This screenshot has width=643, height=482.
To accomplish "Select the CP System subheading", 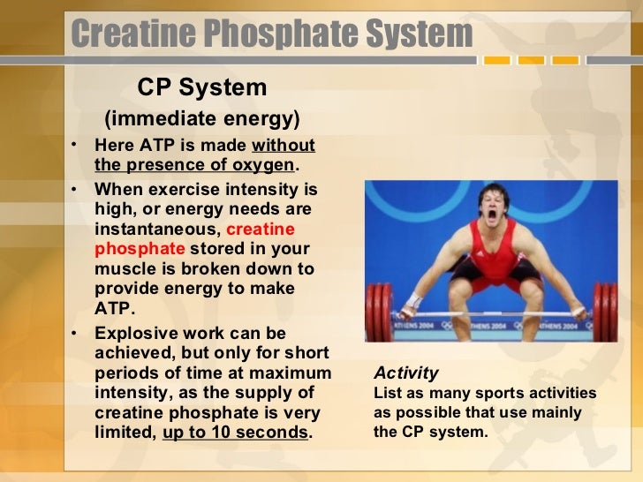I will (x=201, y=87).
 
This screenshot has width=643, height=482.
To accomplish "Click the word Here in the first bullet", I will (x=112, y=146).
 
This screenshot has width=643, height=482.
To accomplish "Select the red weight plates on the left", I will (x=379, y=311).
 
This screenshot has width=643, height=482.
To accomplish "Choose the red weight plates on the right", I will (x=605, y=311).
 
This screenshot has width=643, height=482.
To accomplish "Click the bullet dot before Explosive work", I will (x=77, y=334).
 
